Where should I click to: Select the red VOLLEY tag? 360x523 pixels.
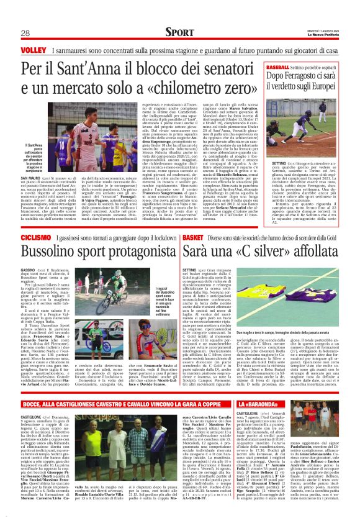32,49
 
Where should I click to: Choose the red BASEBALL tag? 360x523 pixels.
281,66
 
